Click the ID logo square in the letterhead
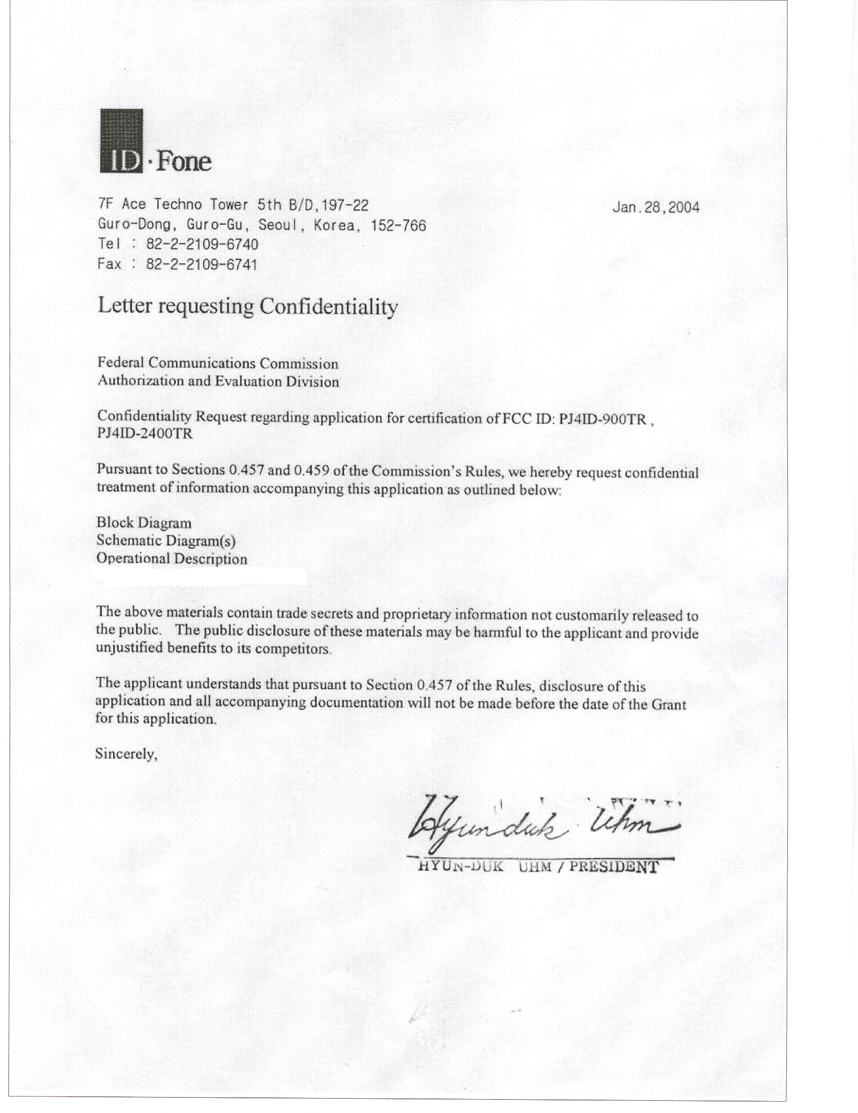click(121, 141)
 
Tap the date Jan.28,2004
click(656, 207)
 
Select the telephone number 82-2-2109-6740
click(202, 244)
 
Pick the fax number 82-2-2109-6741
click(202, 264)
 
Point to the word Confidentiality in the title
click(328, 307)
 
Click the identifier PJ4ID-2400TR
click(144, 434)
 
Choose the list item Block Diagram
click(144, 523)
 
